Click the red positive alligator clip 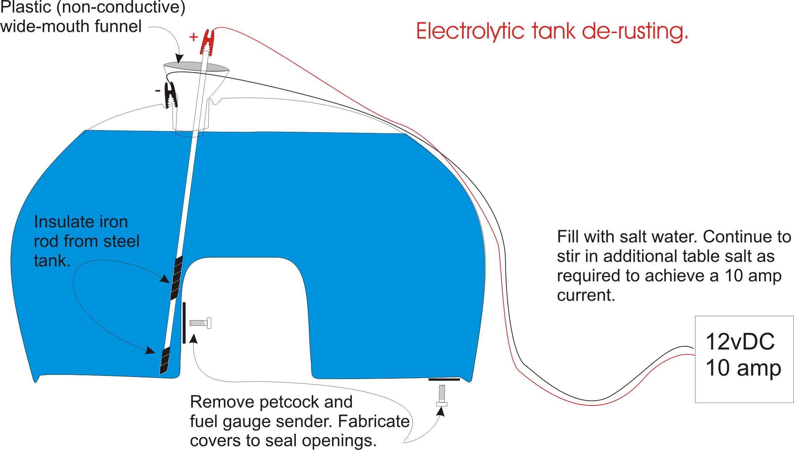207,42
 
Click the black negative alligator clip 171,95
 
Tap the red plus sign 193,37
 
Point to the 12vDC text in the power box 740,342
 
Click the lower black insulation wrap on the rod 165,360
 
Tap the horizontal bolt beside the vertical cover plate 200,323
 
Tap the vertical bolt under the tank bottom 442,395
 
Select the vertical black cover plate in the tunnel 184,323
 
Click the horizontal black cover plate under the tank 444,379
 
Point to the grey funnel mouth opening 196,66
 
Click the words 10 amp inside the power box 743,368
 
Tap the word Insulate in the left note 63,222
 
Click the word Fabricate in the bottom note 374,421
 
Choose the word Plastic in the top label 26,7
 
